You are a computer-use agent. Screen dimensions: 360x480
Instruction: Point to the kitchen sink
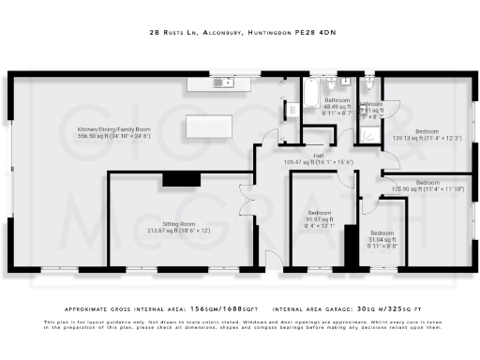tap(225, 82)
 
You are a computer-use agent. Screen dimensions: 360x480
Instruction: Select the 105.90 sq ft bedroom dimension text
tap(427, 188)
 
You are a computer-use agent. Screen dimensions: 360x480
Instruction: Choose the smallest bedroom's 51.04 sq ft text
tap(381, 239)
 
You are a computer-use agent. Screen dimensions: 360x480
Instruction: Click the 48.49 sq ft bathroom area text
tap(337, 107)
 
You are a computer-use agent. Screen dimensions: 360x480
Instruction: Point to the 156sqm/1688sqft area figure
tap(220, 308)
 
